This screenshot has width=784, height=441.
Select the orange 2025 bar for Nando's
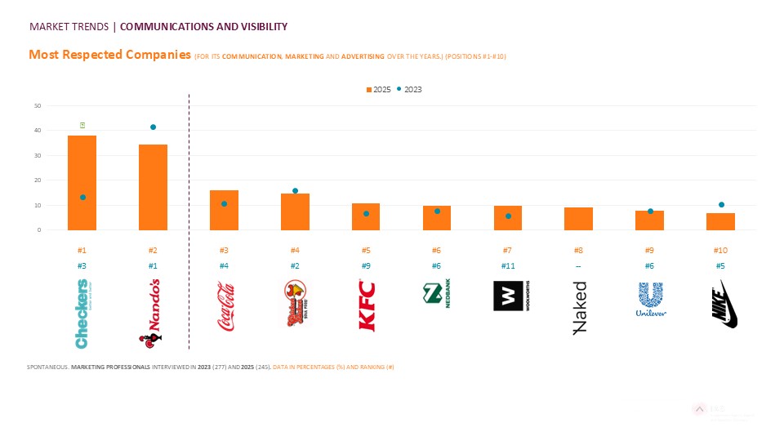pos(153,187)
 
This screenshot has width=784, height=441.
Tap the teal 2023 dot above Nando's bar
pos(153,127)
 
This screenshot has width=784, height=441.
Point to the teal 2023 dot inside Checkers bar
pos(82,198)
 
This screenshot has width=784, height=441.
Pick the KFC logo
pos(366,305)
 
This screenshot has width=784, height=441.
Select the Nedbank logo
pos(437,295)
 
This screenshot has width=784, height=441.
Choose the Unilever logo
pos(650,300)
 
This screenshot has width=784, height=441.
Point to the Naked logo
pos(579,308)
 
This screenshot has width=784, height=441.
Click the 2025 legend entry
pos(378,89)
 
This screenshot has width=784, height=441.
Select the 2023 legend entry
pos(410,89)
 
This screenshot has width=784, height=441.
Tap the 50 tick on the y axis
pos(38,105)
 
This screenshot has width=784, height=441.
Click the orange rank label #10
pos(720,251)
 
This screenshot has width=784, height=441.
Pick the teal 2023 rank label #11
pos(508,266)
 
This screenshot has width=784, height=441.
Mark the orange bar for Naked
pos(579,219)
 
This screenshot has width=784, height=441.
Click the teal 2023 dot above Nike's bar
pos(721,205)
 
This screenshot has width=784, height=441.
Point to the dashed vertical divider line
pos(189,220)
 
